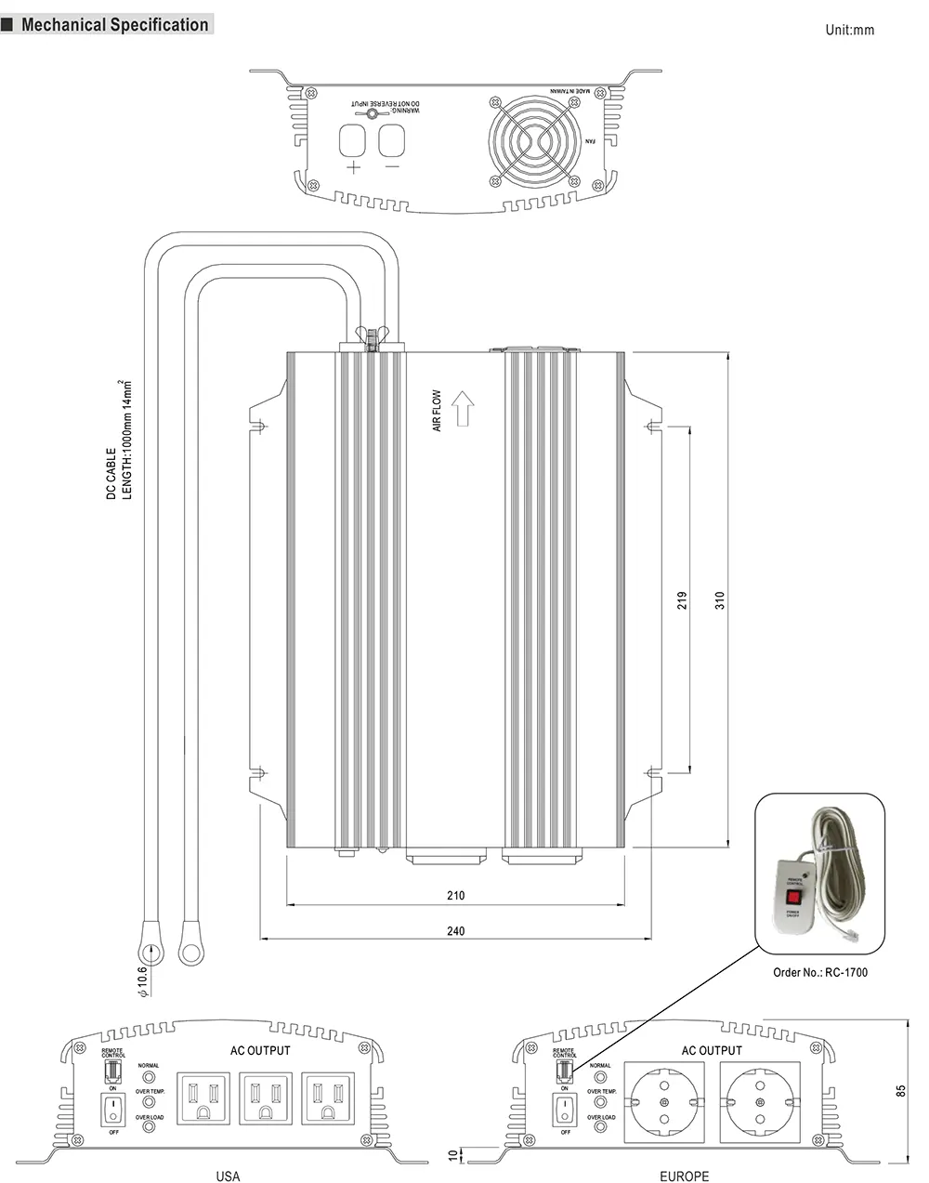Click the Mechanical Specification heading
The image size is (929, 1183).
(114, 25)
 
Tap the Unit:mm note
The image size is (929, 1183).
(849, 30)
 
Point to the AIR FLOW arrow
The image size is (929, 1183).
(463, 409)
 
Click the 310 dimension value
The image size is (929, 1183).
(719, 600)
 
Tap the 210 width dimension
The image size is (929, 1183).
(455, 896)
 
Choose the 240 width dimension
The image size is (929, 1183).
(455, 931)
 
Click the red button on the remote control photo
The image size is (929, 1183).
(793, 898)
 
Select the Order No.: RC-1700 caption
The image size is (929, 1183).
(820, 973)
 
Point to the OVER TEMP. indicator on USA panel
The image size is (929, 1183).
(149, 1100)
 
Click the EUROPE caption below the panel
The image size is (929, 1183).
(684, 1176)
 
